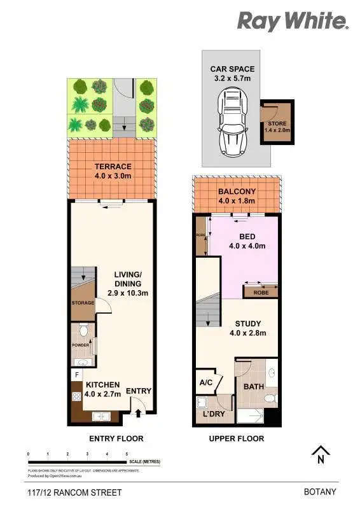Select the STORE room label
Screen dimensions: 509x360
[277, 125]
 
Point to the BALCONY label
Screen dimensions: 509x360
[236, 192]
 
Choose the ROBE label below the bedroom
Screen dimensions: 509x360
[261, 293]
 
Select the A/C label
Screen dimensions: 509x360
[205, 382]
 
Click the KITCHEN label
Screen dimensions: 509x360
[102, 384]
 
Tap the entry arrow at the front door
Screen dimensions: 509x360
[139, 412]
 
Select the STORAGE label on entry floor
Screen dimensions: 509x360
[83, 302]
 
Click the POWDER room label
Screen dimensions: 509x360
[80, 345]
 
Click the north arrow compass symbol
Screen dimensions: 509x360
[321, 454]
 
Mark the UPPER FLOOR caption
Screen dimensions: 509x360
[236, 438]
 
